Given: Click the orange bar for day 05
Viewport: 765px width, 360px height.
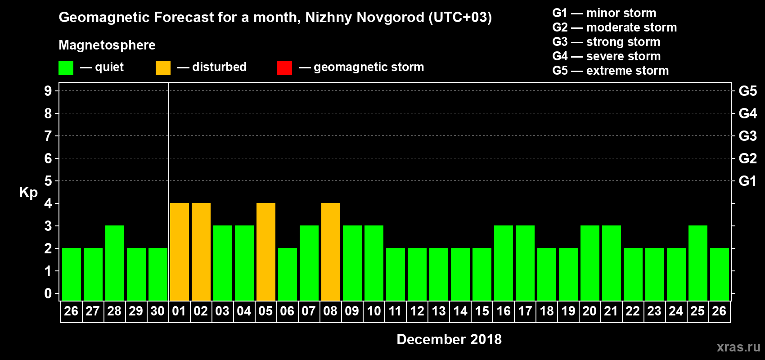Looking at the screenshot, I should tap(266, 252).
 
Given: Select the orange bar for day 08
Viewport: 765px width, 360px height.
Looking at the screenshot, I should tap(331, 252).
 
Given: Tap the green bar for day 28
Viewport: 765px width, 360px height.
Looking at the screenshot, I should tap(115, 263).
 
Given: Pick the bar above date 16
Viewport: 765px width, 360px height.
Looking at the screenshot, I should tap(504, 263).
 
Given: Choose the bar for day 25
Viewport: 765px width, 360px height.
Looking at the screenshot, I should tap(698, 263).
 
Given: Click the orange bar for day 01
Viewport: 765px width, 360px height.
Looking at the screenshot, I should tap(180, 252).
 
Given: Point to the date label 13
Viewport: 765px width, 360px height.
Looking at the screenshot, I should tap(439, 311).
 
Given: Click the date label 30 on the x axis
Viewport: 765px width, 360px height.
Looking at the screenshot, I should tap(157, 311).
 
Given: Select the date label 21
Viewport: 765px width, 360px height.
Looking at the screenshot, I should tap(611, 311).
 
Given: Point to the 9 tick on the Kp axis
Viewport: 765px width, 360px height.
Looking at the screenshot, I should tap(48, 91).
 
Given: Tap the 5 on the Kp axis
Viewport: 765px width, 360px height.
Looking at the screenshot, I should tap(48, 181).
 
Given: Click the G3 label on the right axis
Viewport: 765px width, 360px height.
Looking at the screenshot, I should tap(747, 136).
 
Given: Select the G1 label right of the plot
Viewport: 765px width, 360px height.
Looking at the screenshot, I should tap(747, 181).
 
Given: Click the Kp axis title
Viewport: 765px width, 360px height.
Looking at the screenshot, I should tap(28, 192).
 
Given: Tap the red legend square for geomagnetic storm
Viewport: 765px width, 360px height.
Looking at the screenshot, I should tap(284, 68).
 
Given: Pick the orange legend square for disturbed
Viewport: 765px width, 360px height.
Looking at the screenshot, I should tap(163, 68).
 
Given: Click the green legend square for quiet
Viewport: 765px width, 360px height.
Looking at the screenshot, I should tap(66, 68).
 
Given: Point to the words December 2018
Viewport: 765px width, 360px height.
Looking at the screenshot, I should tap(449, 339).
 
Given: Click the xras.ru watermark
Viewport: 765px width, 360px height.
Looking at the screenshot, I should tap(738, 347).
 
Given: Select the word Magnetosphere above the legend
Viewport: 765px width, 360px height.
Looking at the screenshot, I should tap(107, 45).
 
